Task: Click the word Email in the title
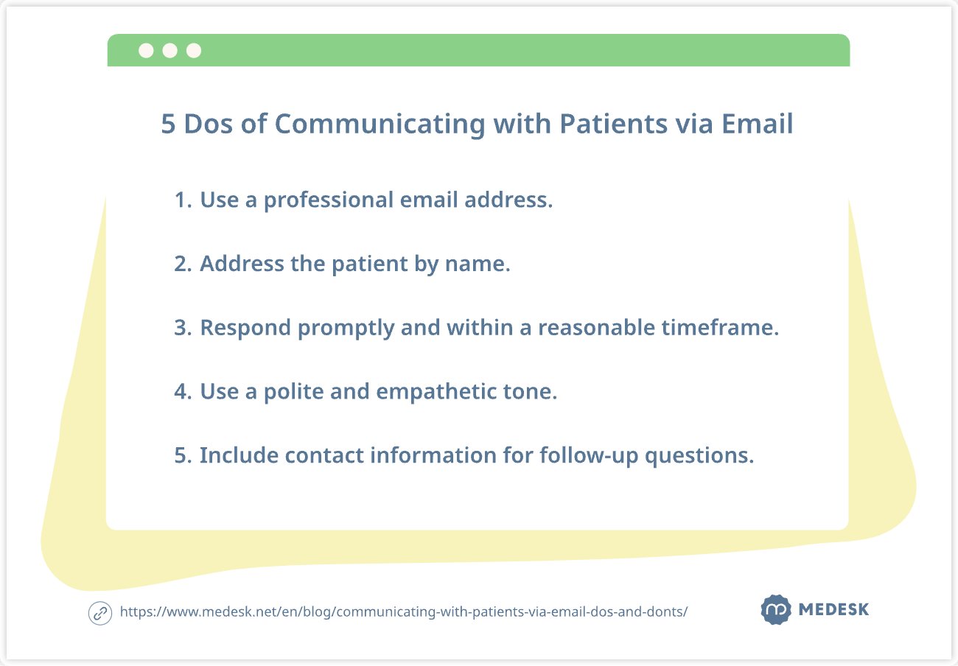pos(757,124)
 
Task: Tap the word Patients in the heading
pos(614,124)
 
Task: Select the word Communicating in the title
pos(380,125)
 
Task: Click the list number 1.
pos(183,200)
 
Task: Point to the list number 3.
pos(183,328)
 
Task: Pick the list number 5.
pos(183,455)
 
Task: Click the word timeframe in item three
pos(720,328)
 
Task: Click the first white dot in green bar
pos(146,50)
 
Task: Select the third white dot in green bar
pos(194,50)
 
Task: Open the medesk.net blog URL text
pos(404,612)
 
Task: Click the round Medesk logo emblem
pos(776,609)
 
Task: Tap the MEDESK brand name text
pos(834,609)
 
